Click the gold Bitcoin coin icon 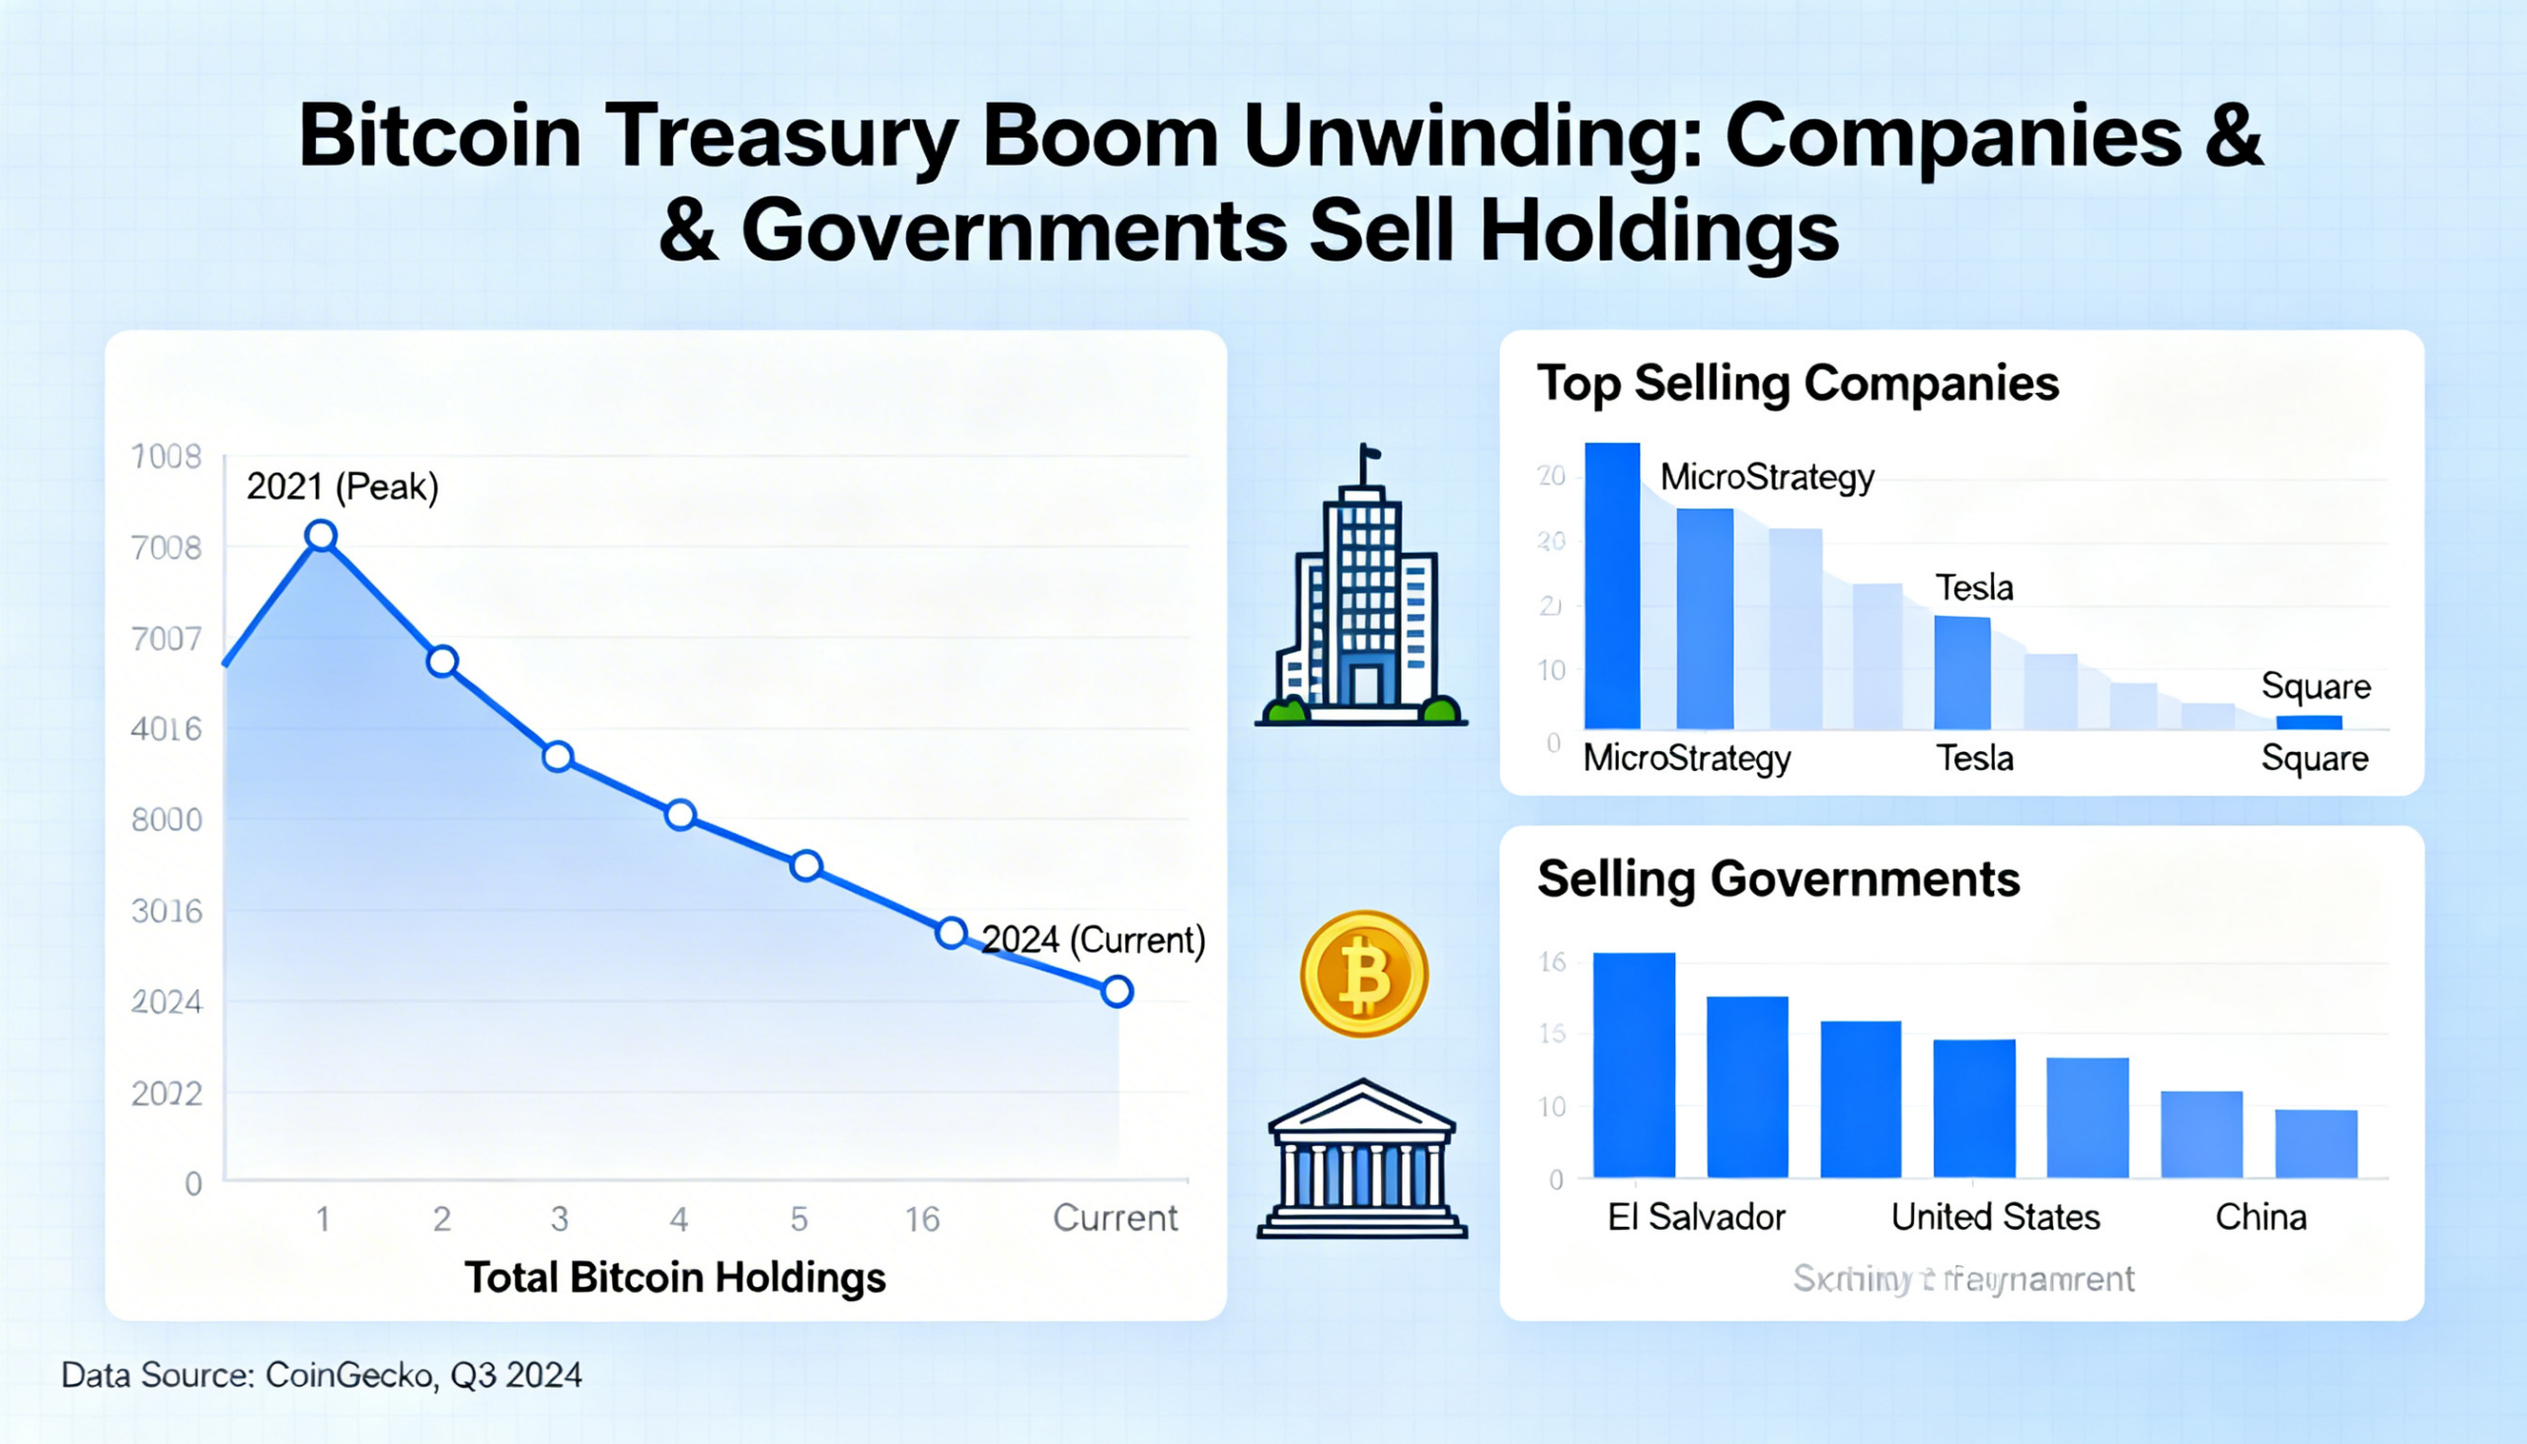coord(1363,974)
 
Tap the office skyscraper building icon coord(1360,595)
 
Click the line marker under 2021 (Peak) coord(322,536)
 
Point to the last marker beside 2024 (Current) coord(1116,991)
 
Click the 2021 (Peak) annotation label coord(343,487)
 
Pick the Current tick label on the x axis coord(1114,1218)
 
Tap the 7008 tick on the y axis coord(167,548)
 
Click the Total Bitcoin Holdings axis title coord(674,1277)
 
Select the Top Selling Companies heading coord(1798,384)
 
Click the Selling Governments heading coord(1778,879)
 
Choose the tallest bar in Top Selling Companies coord(1612,585)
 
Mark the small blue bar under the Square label coord(2309,722)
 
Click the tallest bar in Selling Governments coord(1634,1064)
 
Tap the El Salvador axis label coord(1696,1217)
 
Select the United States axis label coord(1994,1217)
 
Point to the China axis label coord(2260,1217)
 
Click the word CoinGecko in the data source coord(349,1376)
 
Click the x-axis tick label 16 coord(921,1219)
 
